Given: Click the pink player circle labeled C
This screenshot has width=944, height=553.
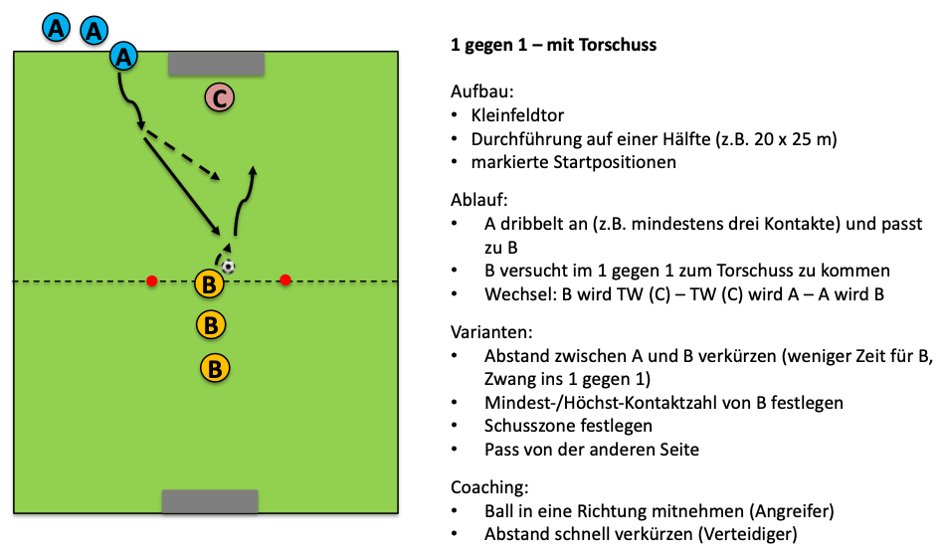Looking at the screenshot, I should tap(219, 97).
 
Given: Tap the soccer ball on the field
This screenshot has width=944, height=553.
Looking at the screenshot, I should tap(229, 266).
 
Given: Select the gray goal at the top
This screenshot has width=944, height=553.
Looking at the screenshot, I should tap(217, 63).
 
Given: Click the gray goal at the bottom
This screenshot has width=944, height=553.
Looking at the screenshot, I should tap(210, 501).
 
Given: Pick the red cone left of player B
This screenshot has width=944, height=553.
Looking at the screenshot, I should tap(151, 281).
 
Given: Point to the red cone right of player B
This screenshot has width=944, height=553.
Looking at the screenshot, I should tap(285, 280).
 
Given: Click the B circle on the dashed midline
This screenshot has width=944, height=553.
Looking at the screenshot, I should tap(209, 284).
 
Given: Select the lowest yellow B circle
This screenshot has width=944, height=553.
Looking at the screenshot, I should tap(215, 368).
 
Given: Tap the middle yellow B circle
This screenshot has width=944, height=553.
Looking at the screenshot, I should tap(210, 324).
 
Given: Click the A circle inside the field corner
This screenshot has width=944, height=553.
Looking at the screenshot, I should tap(123, 57).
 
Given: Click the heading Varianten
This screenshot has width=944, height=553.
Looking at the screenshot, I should tap(489, 330).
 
